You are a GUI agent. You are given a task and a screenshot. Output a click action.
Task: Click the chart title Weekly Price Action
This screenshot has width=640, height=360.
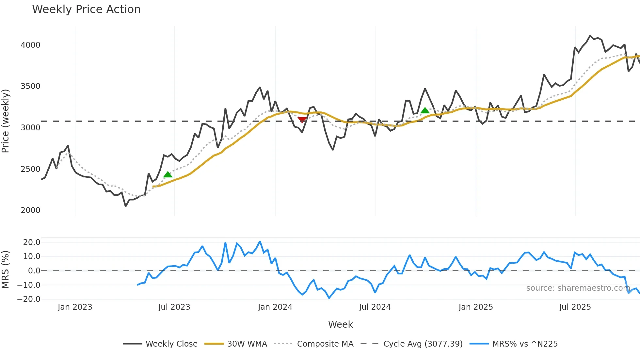pyautogui.click(x=86, y=9)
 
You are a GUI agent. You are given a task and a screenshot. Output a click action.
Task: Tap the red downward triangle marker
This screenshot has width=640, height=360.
pyautogui.click(x=302, y=120)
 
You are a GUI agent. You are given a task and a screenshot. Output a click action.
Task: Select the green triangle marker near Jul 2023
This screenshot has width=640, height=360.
pyautogui.click(x=168, y=174)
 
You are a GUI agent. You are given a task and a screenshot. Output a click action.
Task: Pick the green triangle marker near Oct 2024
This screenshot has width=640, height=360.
pyautogui.click(x=425, y=110)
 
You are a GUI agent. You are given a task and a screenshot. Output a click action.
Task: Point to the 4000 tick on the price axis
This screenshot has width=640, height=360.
pyautogui.click(x=30, y=45)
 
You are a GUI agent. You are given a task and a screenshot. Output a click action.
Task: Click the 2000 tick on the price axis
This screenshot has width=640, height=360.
pyautogui.click(x=30, y=210)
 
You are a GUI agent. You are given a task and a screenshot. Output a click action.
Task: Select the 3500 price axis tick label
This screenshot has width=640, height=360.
pyautogui.click(x=30, y=86)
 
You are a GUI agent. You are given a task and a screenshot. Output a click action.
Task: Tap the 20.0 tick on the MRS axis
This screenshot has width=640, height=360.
pyautogui.click(x=32, y=242)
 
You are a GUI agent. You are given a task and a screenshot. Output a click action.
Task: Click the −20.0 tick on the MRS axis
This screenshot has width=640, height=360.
pyautogui.click(x=29, y=299)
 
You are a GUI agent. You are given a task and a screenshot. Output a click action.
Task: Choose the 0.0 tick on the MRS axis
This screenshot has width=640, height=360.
pyautogui.click(x=34, y=270)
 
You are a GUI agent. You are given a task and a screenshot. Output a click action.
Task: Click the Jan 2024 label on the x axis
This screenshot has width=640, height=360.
pyautogui.click(x=275, y=307)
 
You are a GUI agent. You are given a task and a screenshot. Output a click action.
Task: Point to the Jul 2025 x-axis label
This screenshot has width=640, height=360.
pyautogui.click(x=575, y=307)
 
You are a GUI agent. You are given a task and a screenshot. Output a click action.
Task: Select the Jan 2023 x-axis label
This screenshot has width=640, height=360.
pyautogui.click(x=75, y=307)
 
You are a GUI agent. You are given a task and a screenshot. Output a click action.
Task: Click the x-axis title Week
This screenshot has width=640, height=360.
pyautogui.click(x=340, y=324)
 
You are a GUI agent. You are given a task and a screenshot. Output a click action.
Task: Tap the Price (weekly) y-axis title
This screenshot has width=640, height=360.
pyautogui.click(x=6, y=121)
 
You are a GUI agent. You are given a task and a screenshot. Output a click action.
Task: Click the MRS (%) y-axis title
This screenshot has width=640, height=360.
pyautogui.click(x=6, y=270)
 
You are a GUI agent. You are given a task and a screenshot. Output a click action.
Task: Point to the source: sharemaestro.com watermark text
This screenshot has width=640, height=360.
pyautogui.click(x=578, y=288)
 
